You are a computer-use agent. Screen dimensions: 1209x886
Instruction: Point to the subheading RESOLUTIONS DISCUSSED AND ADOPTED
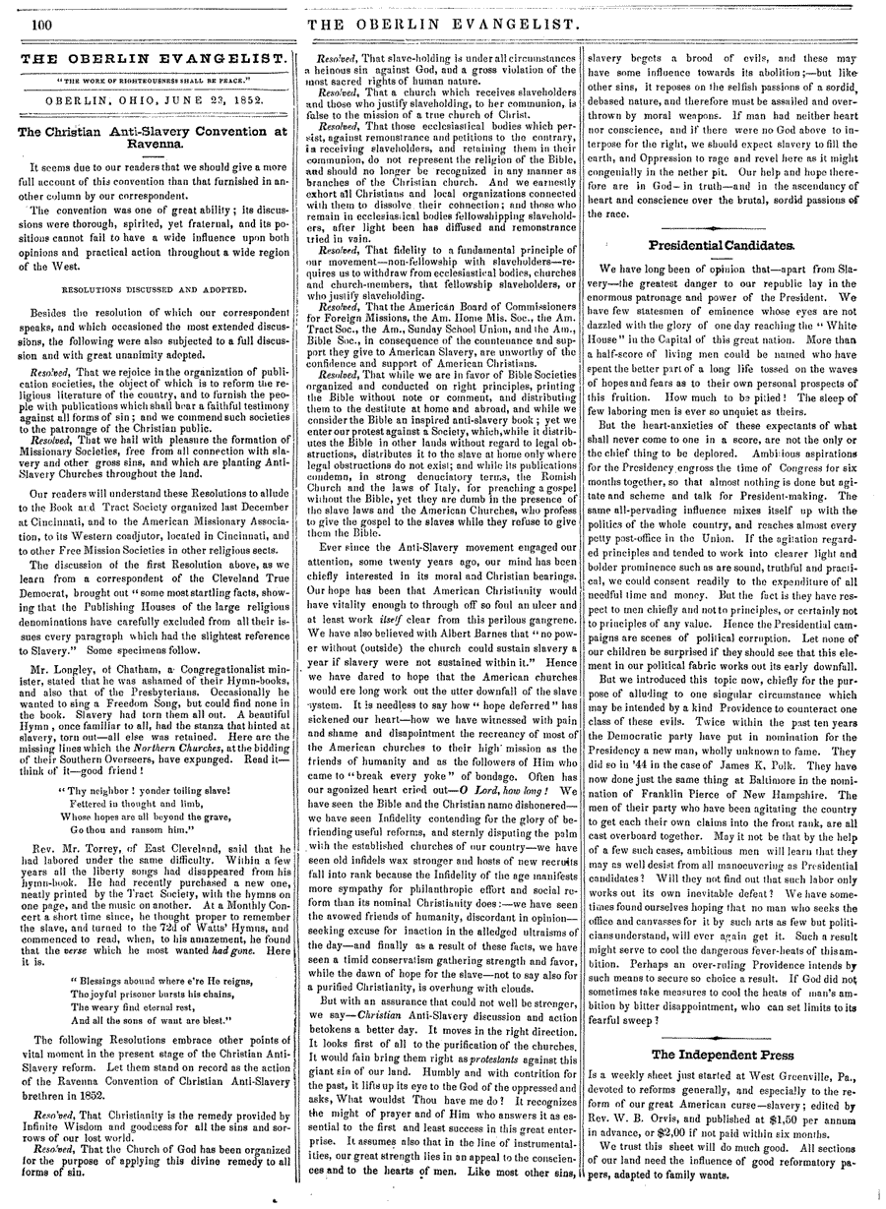pyautogui.click(x=148, y=290)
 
